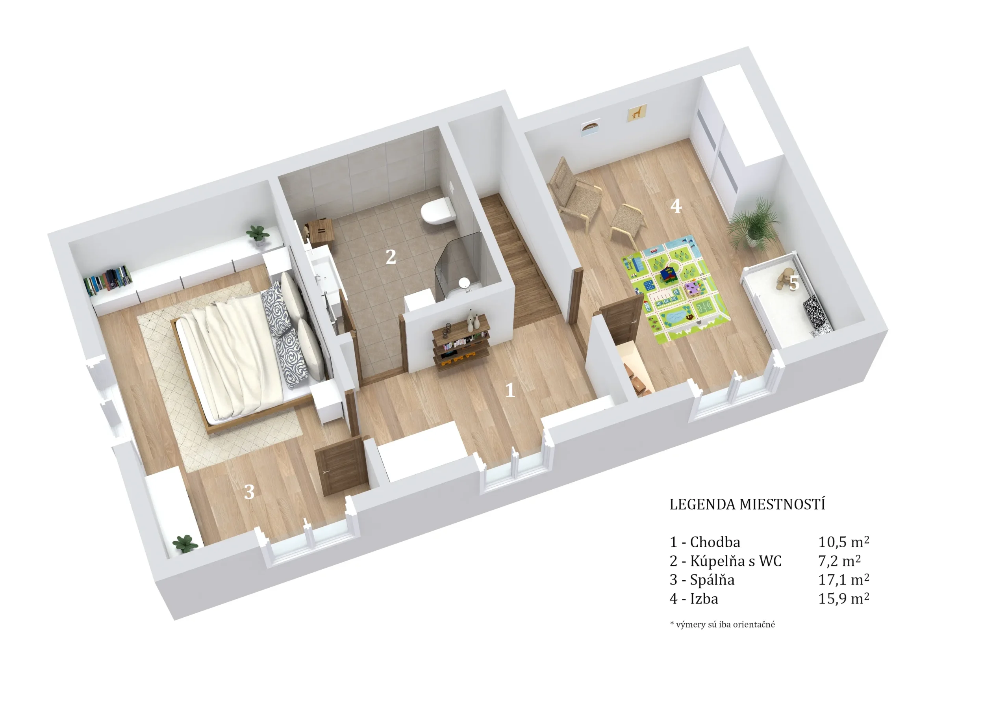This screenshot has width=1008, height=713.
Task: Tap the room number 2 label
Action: pyautogui.click(x=390, y=257)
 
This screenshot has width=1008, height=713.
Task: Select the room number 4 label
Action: pyautogui.click(x=676, y=206)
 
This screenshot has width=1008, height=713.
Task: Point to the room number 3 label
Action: pyautogui.click(x=249, y=492)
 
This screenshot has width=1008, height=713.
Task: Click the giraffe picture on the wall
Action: pyautogui.click(x=637, y=113)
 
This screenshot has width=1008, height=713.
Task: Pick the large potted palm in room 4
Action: pyautogui.click(x=753, y=224)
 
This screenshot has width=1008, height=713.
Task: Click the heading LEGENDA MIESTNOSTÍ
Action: pyautogui.click(x=747, y=504)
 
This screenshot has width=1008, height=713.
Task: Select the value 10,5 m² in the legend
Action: pyautogui.click(x=843, y=542)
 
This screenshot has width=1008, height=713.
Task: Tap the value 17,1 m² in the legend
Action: pyautogui.click(x=843, y=579)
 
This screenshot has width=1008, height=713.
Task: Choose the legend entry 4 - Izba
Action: pyautogui.click(x=694, y=599)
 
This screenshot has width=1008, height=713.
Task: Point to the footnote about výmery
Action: pyautogui.click(x=722, y=624)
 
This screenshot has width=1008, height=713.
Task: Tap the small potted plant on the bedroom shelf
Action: pyautogui.click(x=257, y=234)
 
